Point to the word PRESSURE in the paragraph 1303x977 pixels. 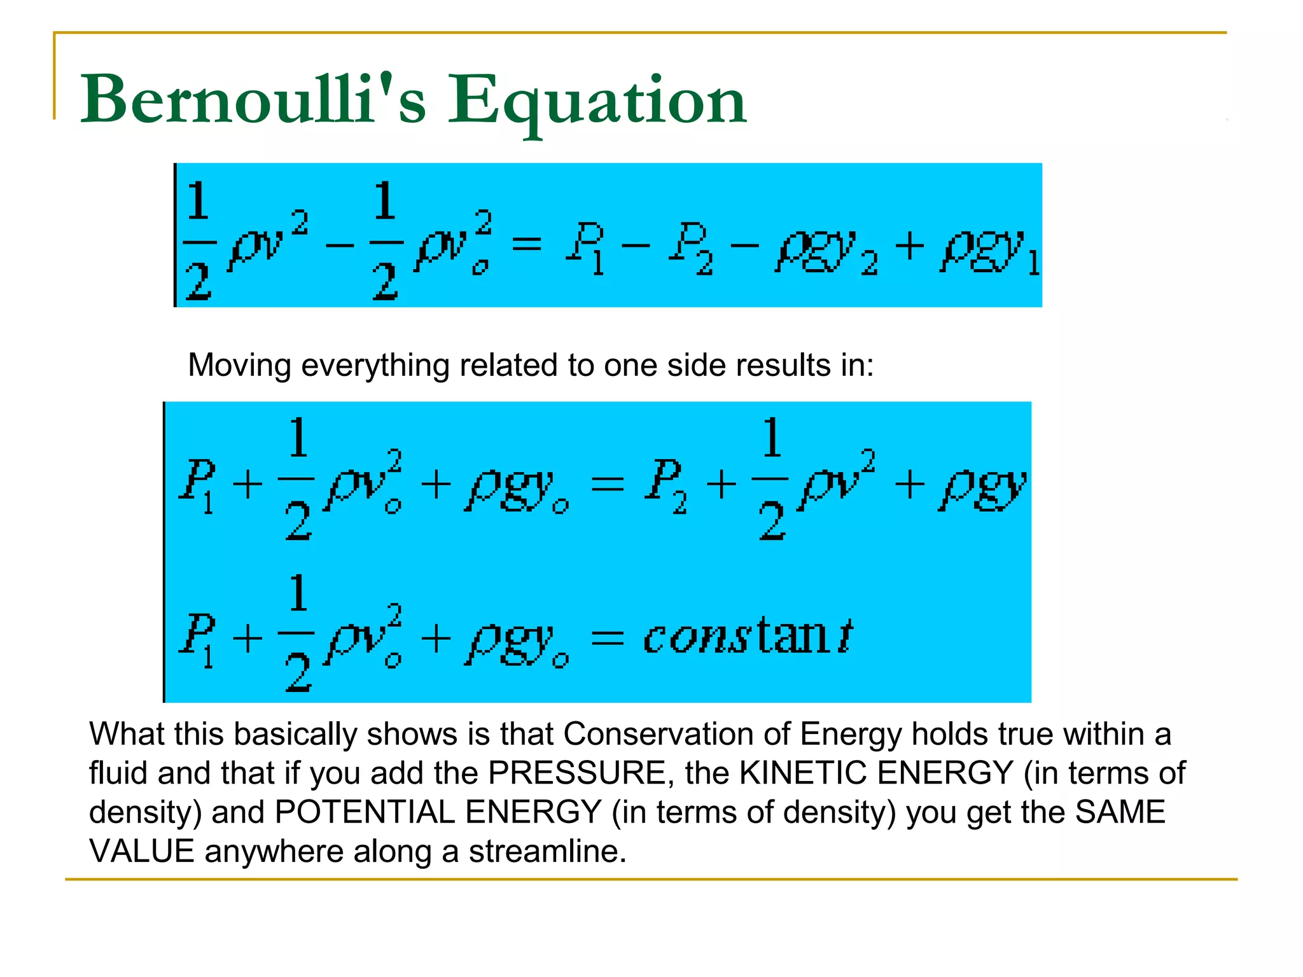(x=576, y=773)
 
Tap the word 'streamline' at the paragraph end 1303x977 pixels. (x=547, y=851)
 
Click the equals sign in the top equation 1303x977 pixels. (x=527, y=244)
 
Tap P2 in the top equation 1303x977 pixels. (x=690, y=248)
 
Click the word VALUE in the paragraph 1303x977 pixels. (x=141, y=851)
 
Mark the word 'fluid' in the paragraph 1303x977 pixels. (x=118, y=773)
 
